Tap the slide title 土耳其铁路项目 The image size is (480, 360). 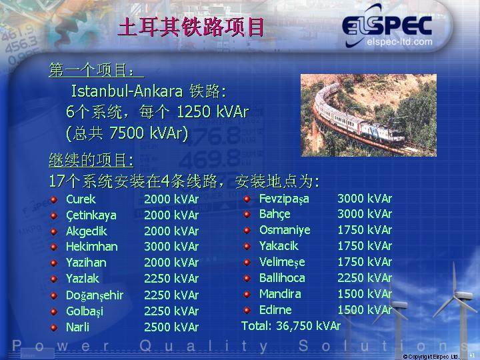pos(191,27)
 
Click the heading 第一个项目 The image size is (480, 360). pos(91,71)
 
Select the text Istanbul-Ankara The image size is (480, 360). pos(127,91)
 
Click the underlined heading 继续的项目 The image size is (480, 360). pos(91,160)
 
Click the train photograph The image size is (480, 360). pos(369,115)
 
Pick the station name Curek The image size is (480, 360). pos(81,199)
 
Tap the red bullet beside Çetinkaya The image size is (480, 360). pos(54,215)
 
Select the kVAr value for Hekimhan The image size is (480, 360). pos(171,247)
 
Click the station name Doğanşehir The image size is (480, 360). pos(95,295)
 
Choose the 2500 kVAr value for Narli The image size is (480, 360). pos(171,327)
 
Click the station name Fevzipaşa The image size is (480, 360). pos(284,199)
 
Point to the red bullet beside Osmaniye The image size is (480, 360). pos(247,230)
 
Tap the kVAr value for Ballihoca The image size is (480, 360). pos(364,277)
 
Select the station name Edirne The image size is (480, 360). pos(275,310)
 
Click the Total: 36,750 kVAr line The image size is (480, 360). pos(291,326)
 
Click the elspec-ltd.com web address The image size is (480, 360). pos(399,41)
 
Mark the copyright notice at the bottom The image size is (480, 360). pos(431,357)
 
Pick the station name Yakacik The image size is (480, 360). pos(279,246)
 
